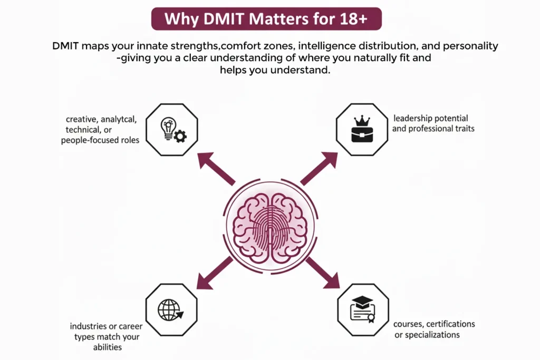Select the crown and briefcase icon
point(362,130)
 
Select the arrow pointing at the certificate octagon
point(322,273)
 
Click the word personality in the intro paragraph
point(472,46)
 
